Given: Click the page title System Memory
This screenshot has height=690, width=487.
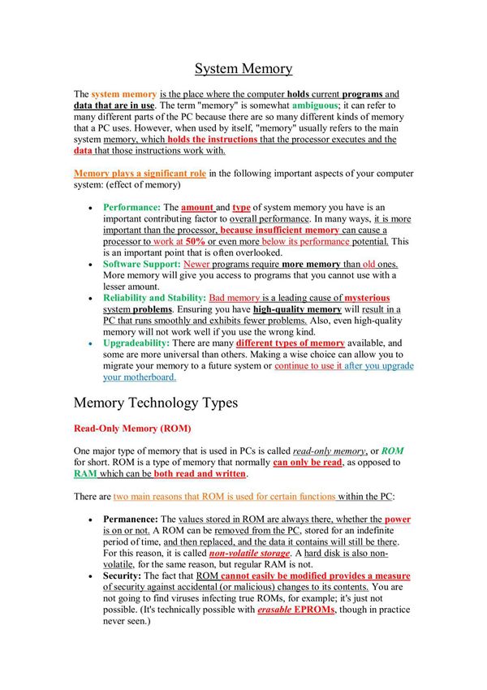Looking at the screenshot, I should tap(243, 69).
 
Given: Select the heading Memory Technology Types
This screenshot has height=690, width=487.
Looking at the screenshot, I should tap(165, 403).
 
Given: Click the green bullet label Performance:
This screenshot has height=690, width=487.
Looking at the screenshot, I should tap(132, 208).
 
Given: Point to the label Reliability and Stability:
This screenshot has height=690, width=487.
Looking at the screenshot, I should tap(154, 298).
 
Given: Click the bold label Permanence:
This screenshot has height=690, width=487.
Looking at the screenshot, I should tap(131, 518).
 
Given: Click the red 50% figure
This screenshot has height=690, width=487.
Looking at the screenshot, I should tap(195, 242).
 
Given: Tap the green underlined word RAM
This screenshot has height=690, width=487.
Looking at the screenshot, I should tap(85, 474).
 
